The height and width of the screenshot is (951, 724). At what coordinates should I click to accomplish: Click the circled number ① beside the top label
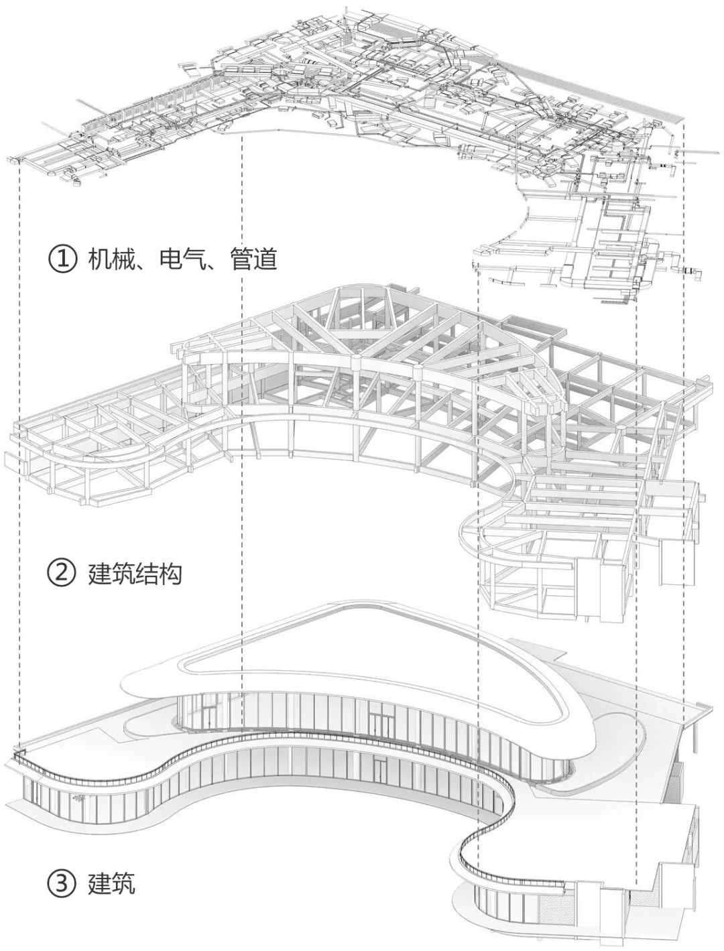point(61,259)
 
